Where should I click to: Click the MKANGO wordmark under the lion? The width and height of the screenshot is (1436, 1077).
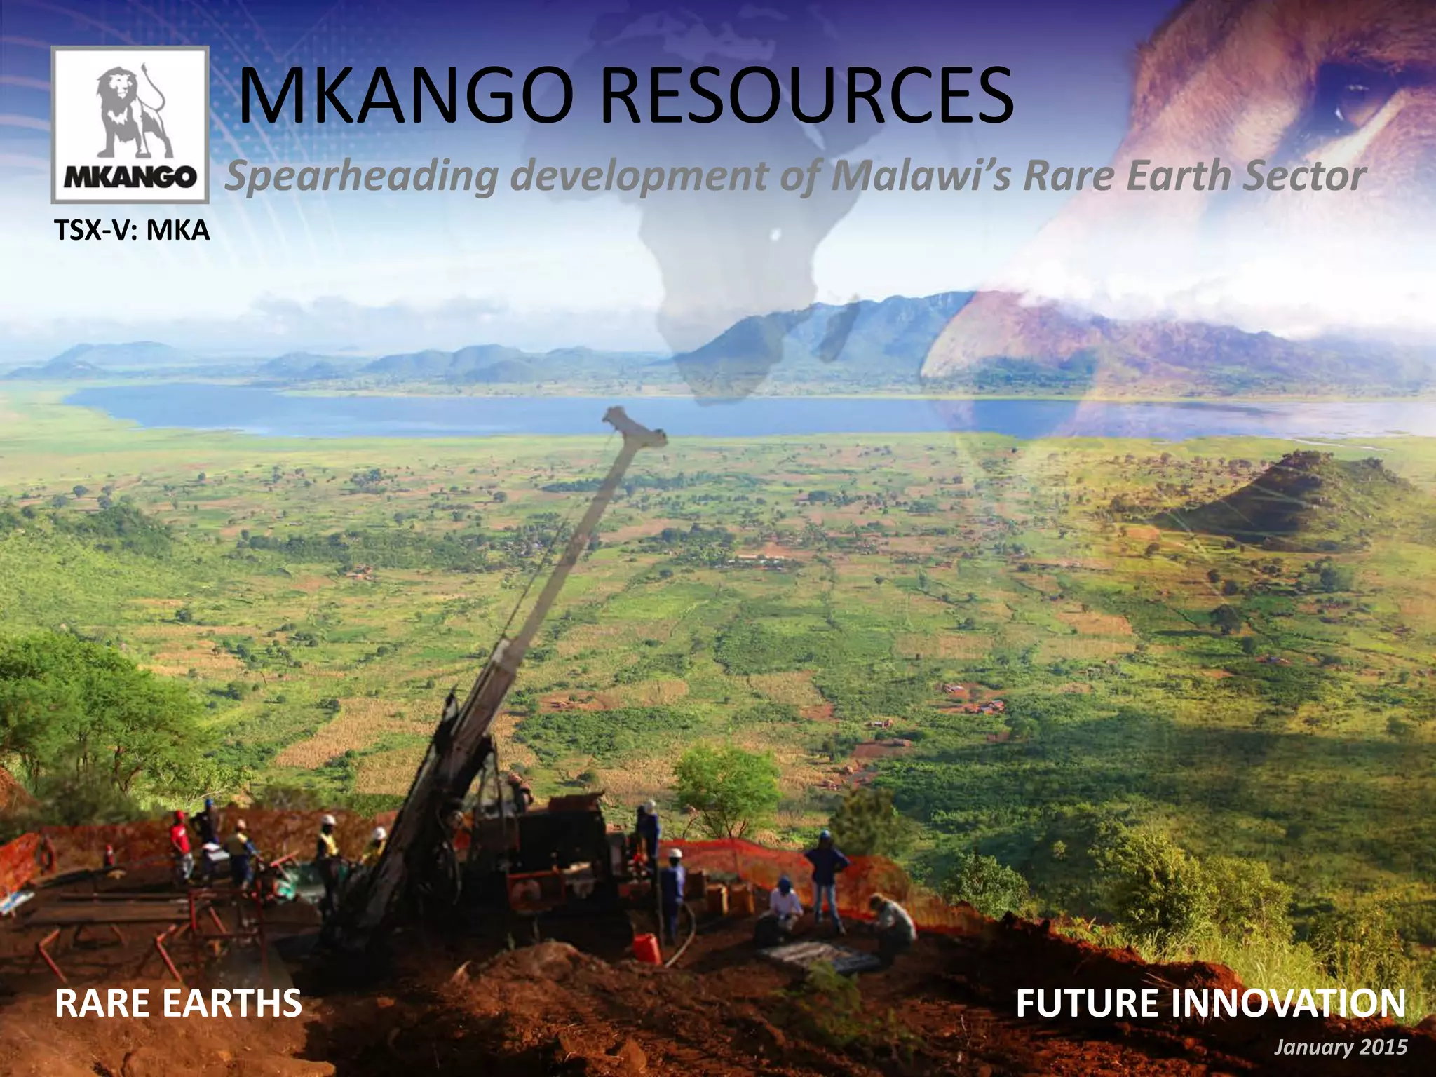pos(130,177)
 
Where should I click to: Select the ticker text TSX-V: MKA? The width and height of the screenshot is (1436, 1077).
pos(132,230)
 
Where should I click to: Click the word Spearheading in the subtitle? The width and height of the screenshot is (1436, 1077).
pos(361,177)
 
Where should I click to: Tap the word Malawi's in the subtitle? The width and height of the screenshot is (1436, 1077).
pos(920,175)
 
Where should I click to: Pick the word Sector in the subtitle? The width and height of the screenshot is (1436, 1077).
pos(1304,175)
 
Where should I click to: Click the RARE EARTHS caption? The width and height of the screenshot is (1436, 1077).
pos(178,1003)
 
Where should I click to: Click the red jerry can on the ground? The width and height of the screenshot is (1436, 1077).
pos(646,947)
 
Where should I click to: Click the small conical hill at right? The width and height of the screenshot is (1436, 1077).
pos(1297,491)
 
